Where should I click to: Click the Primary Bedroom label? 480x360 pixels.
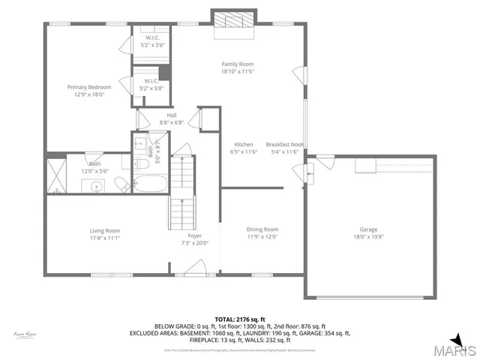[x=83, y=87]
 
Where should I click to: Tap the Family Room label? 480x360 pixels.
[x=238, y=64]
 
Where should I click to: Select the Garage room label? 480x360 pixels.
[x=368, y=229]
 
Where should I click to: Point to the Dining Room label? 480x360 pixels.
[x=262, y=229]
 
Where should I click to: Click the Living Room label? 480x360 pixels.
[x=104, y=230]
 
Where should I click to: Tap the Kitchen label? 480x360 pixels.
[x=243, y=144]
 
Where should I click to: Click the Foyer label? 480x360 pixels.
[x=195, y=235]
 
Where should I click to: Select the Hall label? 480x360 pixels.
[x=171, y=115]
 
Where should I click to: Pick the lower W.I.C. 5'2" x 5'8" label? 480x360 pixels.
[x=150, y=85]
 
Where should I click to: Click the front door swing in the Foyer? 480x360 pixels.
[x=196, y=266]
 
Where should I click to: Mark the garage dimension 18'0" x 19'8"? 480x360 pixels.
[x=368, y=237]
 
